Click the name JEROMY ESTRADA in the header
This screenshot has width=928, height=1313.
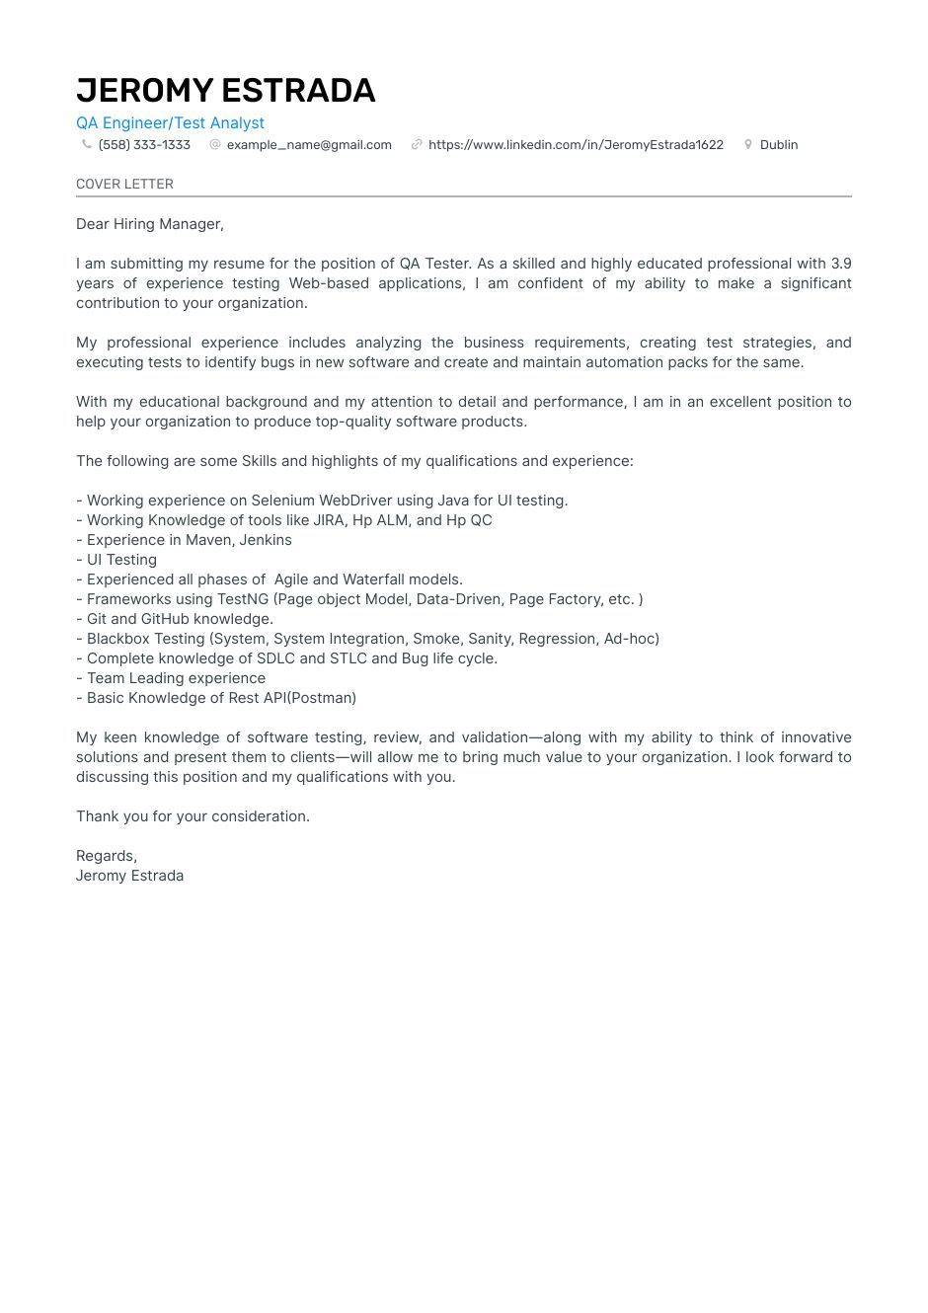pos(225,91)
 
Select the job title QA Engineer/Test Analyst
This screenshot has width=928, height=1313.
pos(170,122)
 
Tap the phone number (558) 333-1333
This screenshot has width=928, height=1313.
pos(144,145)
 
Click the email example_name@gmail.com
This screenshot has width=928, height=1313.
pos(309,145)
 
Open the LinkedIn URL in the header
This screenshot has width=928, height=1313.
pos(576,145)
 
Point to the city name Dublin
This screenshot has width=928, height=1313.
pos(778,145)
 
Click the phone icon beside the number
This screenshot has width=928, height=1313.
pos(87,144)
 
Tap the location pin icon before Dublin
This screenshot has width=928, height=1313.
pos(748,144)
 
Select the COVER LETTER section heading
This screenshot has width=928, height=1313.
pos(124,185)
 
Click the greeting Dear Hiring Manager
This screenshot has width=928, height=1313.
pos(150,224)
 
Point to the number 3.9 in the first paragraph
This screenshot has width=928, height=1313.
pos(840,264)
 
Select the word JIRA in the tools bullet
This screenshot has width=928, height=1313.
pos(329,520)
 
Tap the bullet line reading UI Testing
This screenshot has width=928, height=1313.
pos(121,560)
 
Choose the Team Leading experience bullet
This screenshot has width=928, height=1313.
pos(176,678)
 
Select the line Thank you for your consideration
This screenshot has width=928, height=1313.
pos(193,816)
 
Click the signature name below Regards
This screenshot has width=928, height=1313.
pos(129,876)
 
